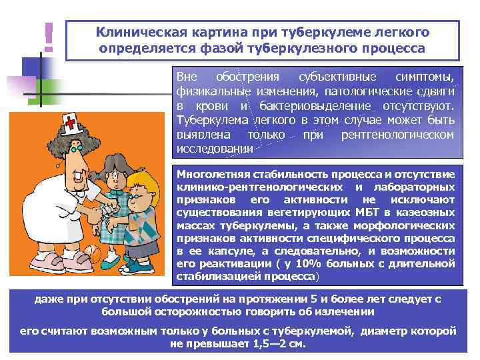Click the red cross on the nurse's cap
coord(69,122)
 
